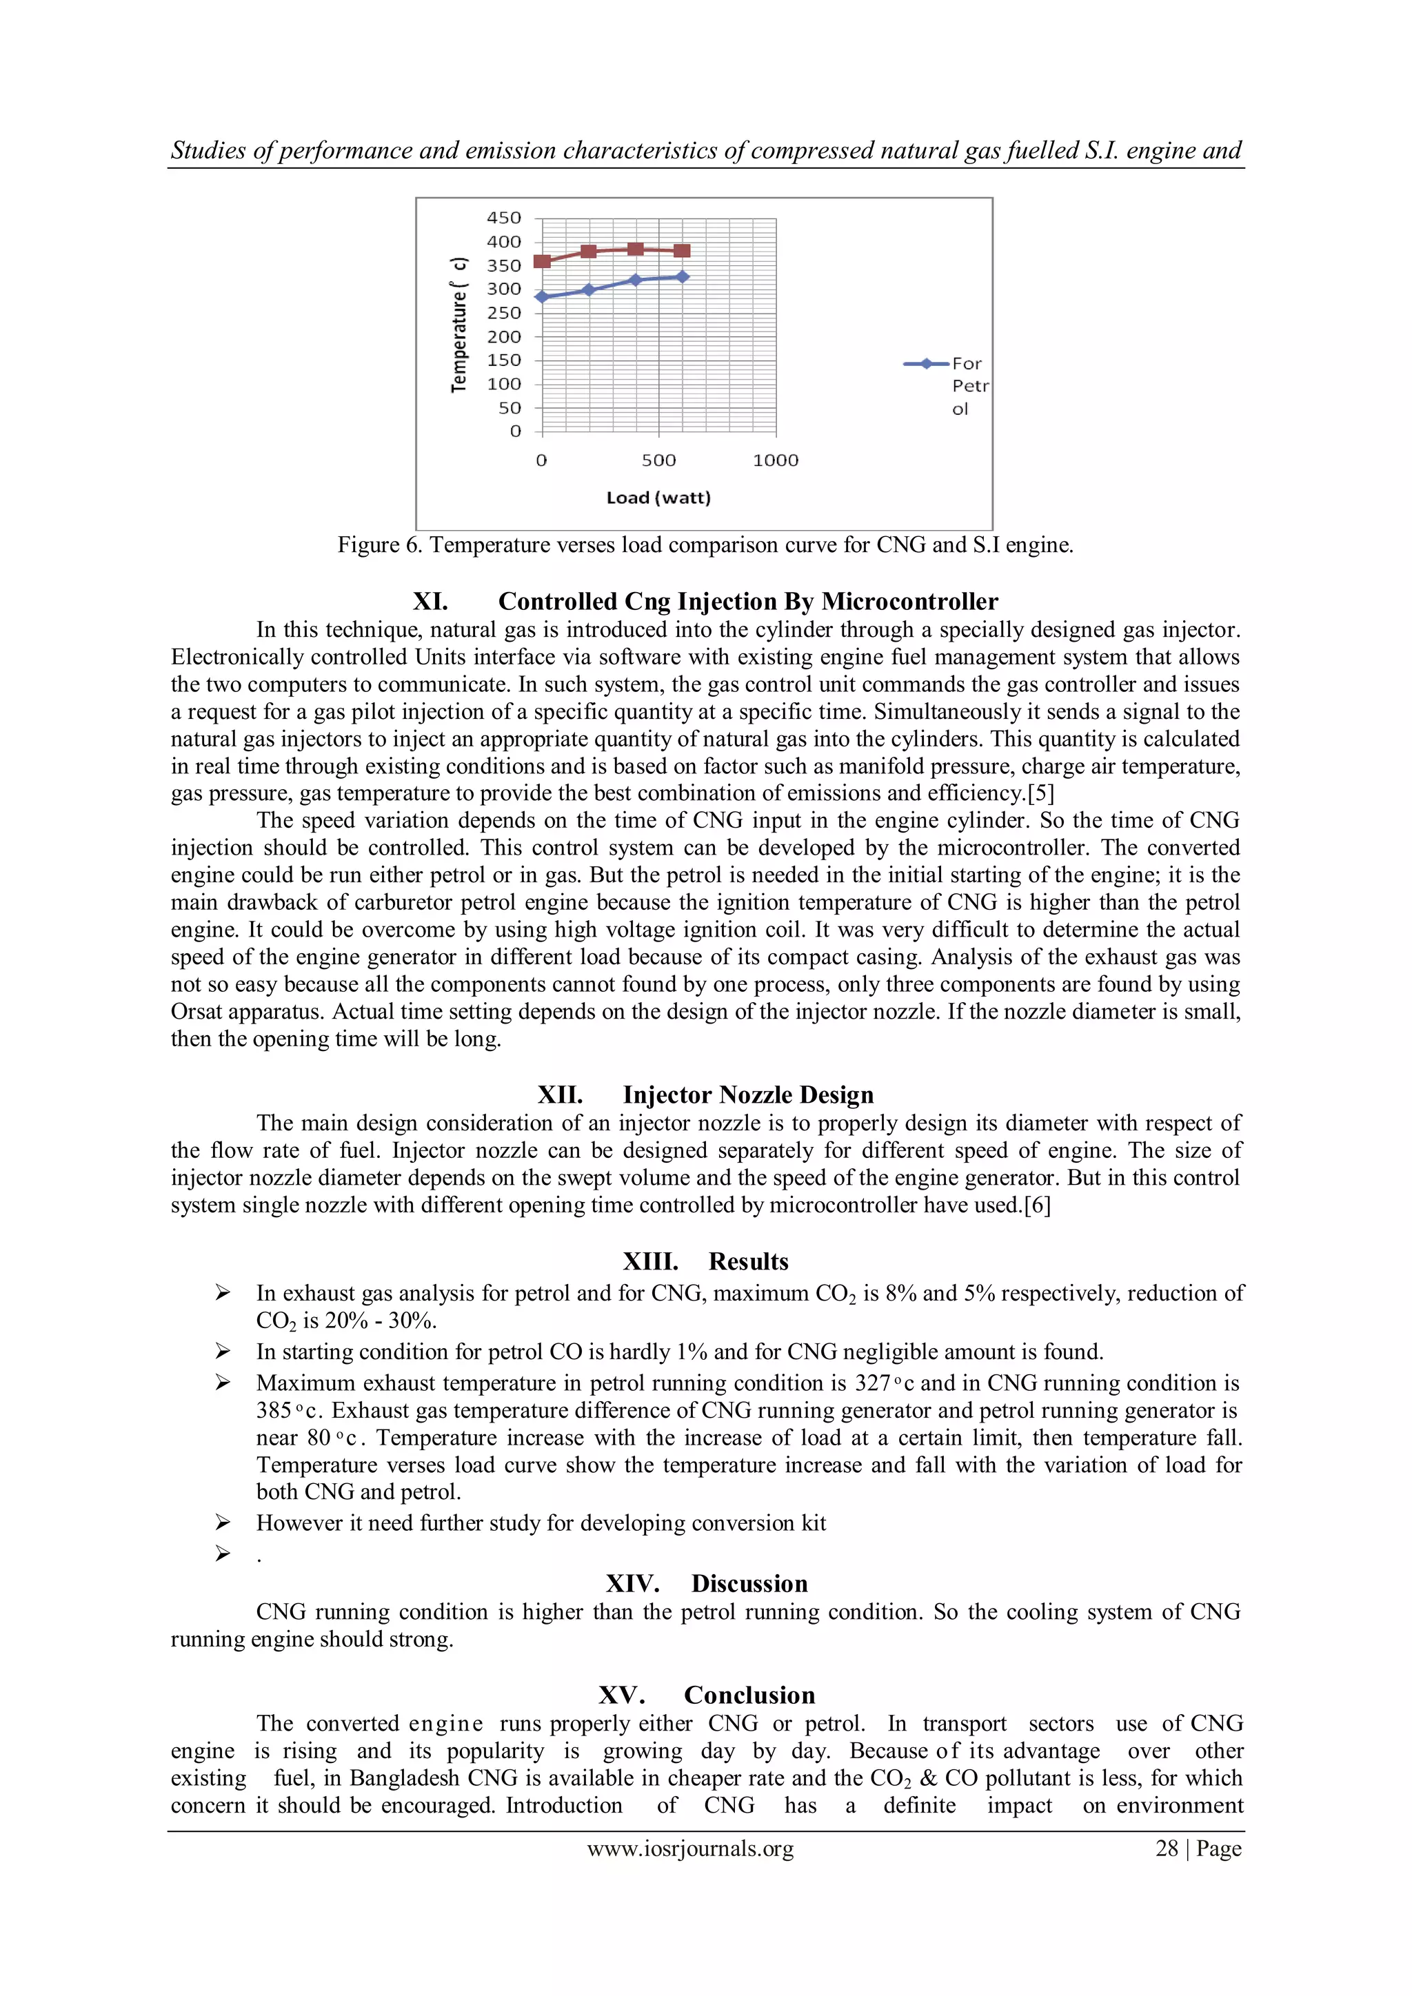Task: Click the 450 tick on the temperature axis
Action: [x=503, y=218]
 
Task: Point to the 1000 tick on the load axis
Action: [x=775, y=461]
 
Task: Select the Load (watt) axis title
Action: [x=658, y=498]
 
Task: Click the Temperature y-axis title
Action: [x=458, y=326]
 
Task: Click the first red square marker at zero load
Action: [x=542, y=261]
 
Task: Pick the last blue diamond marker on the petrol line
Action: [x=683, y=276]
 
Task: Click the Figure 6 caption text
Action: [x=705, y=545]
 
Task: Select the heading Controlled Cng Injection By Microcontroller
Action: [x=748, y=602]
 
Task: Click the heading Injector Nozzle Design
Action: [x=748, y=1094]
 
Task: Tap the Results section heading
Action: [x=748, y=1261]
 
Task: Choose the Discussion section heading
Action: [x=749, y=1583]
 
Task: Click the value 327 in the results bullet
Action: [x=873, y=1383]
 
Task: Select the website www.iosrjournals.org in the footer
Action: [x=690, y=1849]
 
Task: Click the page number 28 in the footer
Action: [x=1166, y=1849]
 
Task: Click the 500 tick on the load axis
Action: [x=658, y=461]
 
